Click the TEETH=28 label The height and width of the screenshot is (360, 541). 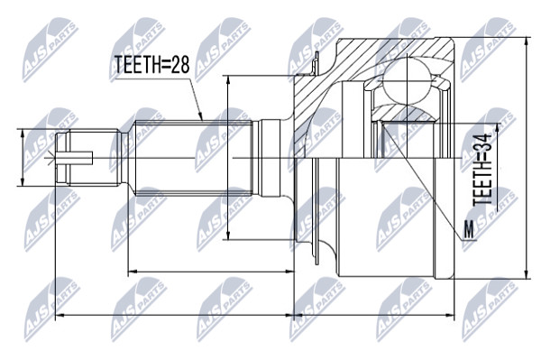[x=152, y=64]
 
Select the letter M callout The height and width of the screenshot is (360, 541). [x=469, y=229]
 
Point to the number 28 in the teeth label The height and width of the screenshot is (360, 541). [x=180, y=64]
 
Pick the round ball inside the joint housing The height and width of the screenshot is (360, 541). [x=408, y=81]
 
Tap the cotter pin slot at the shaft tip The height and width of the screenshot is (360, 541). [x=75, y=158]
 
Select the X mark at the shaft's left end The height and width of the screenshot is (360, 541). [x=51, y=158]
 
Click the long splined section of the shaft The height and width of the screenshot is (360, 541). [x=194, y=158]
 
